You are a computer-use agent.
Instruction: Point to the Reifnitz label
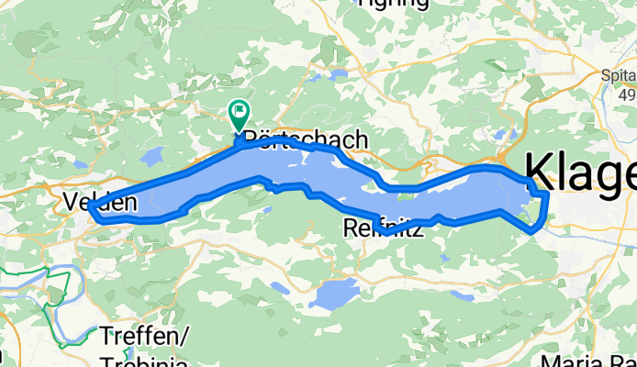[x=382, y=228]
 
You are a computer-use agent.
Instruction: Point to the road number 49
[x=627, y=95]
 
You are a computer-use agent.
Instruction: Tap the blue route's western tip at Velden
[x=91, y=208]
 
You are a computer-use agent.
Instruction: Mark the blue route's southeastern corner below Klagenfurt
[x=533, y=231]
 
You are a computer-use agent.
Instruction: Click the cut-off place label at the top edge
[x=392, y=4]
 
